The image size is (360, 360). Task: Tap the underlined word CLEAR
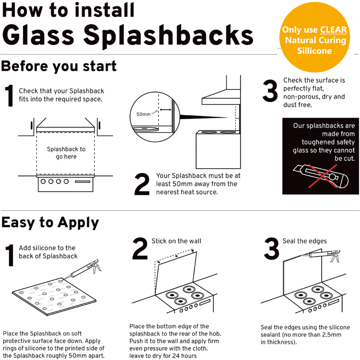[333, 30]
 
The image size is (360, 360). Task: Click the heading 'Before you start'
[59, 66]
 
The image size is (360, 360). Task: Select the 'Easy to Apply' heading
[50, 223]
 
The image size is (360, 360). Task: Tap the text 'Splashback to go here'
[66, 153]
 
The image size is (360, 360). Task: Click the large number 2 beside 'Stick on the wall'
[140, 248]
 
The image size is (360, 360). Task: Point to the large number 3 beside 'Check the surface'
[270, 91]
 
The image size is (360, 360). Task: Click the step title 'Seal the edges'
[305, 241]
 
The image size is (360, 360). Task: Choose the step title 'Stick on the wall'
[176, 241]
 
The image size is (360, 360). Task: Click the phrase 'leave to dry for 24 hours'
[163, 356]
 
